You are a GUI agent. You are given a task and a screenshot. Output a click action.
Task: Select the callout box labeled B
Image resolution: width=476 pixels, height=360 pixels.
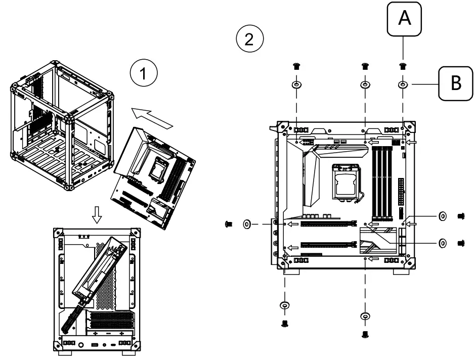coord(456,84)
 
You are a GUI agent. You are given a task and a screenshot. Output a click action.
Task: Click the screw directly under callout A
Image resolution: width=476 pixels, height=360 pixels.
coord(403,66)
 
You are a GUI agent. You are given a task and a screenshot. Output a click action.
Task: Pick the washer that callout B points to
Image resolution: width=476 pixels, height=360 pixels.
coord(403,84)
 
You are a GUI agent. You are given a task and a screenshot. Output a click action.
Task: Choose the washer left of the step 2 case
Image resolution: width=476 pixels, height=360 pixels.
coord(248,223)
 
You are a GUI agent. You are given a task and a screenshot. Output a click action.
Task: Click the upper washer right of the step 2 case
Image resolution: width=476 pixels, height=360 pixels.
coord(442,216)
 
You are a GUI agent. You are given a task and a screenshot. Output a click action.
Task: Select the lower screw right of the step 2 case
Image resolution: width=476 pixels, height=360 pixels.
coord(461,243)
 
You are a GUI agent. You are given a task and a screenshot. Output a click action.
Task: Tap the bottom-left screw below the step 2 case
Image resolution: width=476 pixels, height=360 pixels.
coord(284,322)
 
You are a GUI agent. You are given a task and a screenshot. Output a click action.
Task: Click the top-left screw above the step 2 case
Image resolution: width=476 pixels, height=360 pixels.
coord(297,66)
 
